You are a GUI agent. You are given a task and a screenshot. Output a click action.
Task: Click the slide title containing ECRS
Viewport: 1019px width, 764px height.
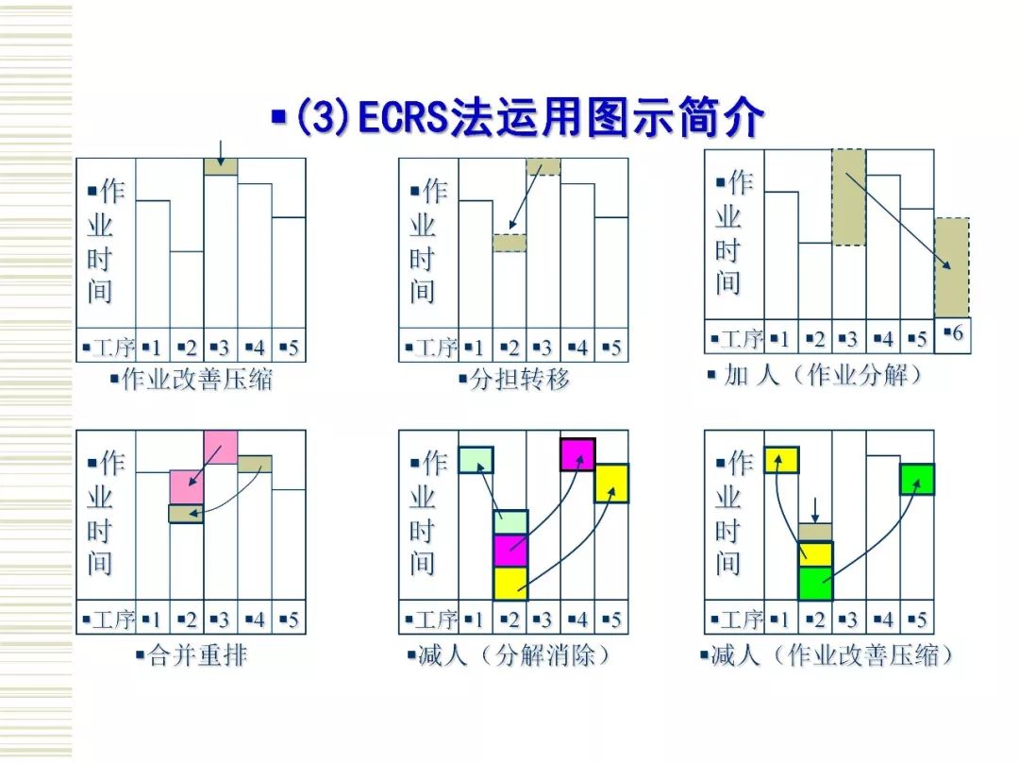click(517, 120)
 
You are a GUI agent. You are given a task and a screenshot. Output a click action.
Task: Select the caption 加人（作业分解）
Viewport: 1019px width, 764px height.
click(814, 375)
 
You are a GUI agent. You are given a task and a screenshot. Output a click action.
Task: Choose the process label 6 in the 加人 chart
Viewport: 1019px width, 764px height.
click(953, 334)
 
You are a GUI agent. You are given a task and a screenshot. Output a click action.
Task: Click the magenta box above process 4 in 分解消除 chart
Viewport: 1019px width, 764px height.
click(577, 454)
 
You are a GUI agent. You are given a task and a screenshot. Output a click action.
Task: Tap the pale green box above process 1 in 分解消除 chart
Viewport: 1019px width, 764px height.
click(476, 460)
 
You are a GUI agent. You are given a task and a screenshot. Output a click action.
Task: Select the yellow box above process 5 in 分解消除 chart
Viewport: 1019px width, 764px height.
click(611, 483)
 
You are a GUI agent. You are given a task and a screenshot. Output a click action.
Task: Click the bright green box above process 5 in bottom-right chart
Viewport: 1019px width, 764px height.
click(917, 479)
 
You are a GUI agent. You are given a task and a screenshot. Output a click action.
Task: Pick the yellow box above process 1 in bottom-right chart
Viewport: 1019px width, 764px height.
click(781, 460)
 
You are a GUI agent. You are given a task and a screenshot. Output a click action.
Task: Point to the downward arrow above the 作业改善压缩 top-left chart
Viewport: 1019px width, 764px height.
click(220, 149)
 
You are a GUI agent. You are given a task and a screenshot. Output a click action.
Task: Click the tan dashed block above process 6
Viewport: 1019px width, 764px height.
click(952, 268)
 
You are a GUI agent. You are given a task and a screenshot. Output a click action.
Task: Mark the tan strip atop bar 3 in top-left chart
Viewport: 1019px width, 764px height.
click(221, 167)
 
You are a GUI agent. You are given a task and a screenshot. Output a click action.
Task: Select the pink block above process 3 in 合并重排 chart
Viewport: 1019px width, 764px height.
click(221, 447)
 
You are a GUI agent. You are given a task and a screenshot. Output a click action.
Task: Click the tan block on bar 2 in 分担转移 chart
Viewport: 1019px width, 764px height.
click(509, 243)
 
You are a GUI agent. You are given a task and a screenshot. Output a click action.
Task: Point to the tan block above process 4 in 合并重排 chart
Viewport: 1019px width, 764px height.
click(255, 464)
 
